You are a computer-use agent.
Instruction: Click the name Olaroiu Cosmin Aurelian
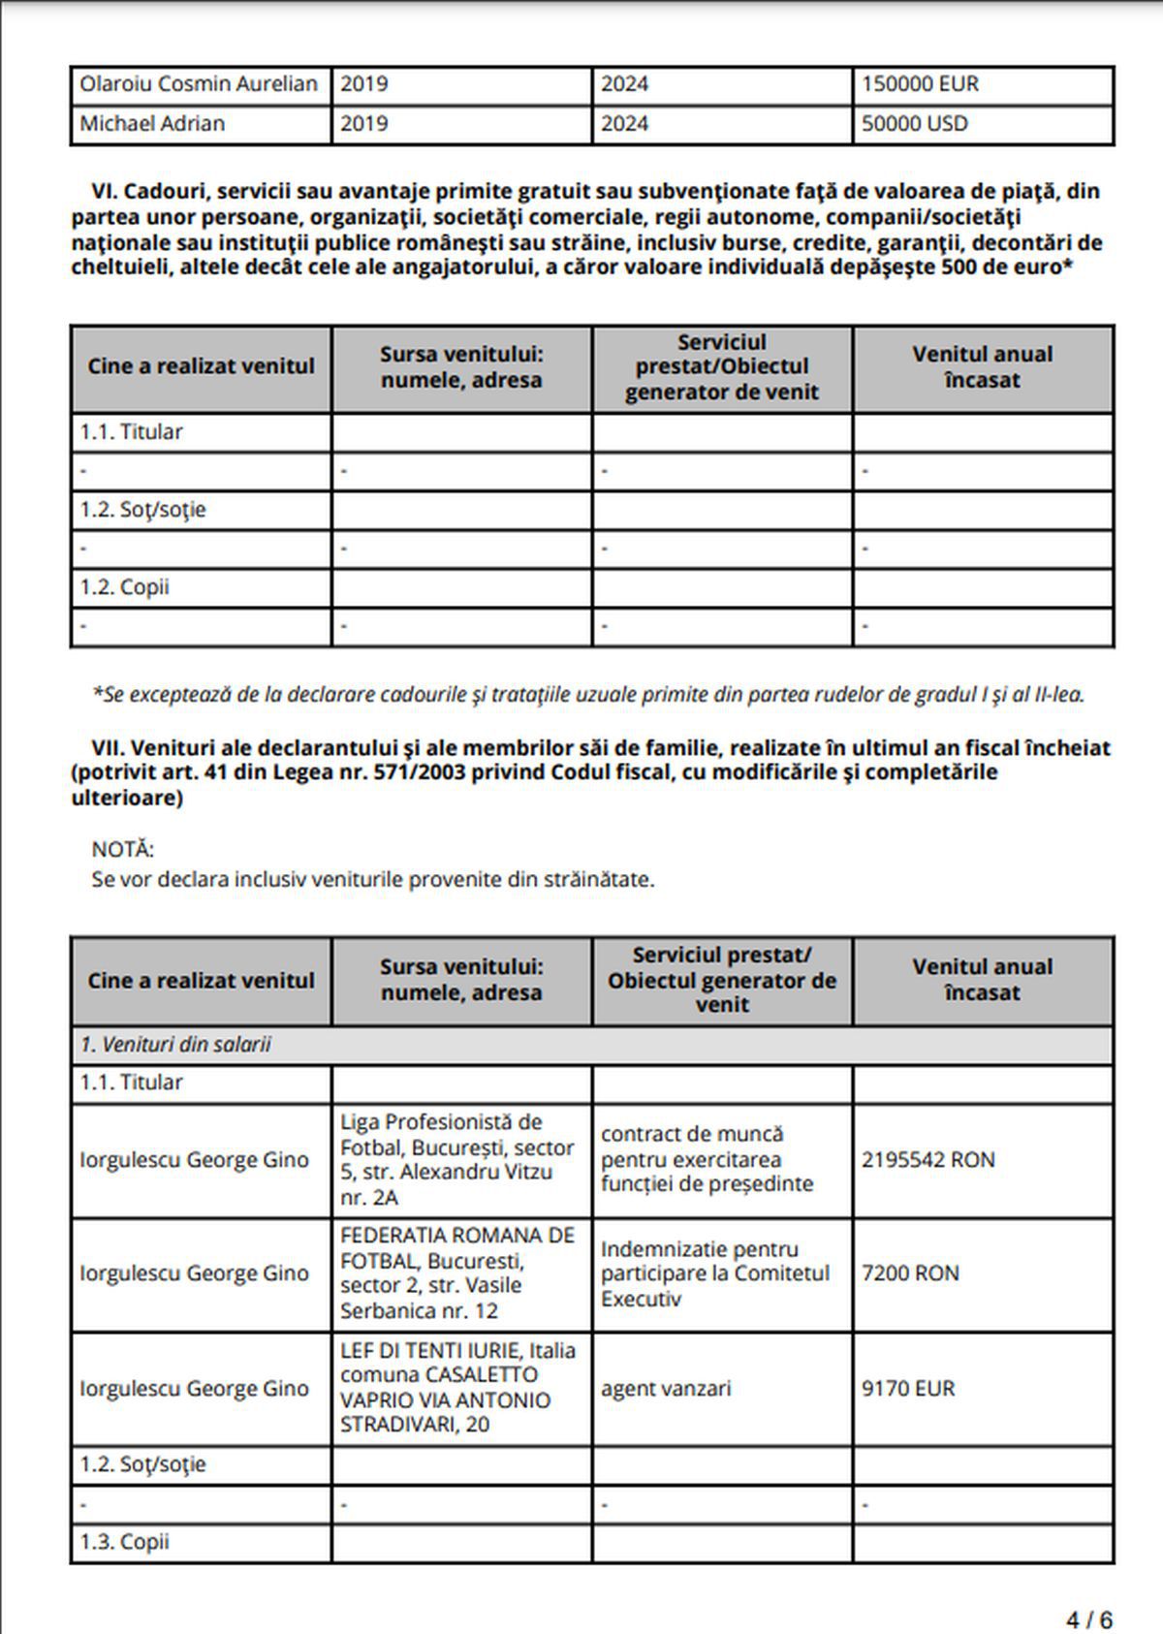point(199,84)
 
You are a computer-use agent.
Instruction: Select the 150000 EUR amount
point(920,84)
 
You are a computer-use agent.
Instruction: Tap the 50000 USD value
point(914,124)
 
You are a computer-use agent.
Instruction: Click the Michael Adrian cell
point(152,124)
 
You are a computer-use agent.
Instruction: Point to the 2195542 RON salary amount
point(927,1160)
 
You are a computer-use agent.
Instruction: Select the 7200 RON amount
point(910,1273)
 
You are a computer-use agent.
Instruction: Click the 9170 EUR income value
point(908,1389)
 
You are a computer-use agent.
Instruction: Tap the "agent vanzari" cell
point(666,1389)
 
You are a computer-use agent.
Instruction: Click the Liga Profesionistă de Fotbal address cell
point(457,1159)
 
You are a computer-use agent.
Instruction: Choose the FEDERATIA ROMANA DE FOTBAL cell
point(457,1273)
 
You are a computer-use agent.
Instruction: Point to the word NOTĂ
point(123,850)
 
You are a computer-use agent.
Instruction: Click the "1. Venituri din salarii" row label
point(175,1045)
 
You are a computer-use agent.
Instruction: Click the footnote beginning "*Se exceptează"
point(588,695)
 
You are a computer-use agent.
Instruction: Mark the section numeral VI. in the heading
point(104,191)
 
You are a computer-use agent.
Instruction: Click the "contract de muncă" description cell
point(707,1159)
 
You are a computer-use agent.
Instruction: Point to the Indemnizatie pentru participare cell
point(715,1273)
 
